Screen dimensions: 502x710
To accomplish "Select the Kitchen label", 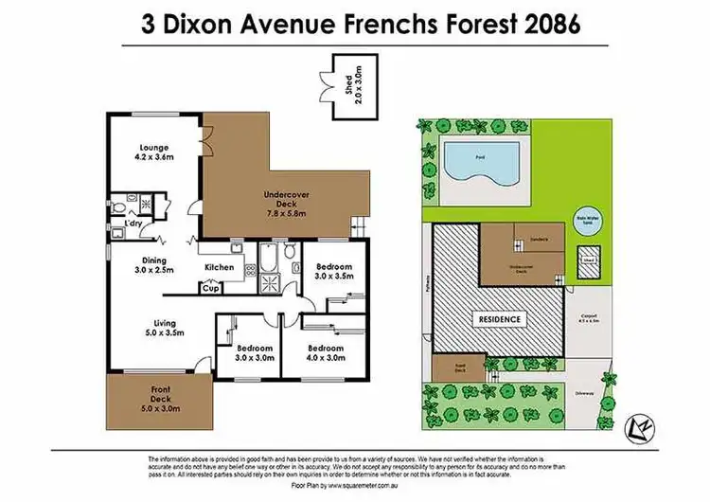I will [x=219, y=267].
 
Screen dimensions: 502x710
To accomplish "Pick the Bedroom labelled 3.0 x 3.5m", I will [x=334, y=272].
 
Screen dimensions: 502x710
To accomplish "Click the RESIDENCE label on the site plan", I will [x=499, y=319].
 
